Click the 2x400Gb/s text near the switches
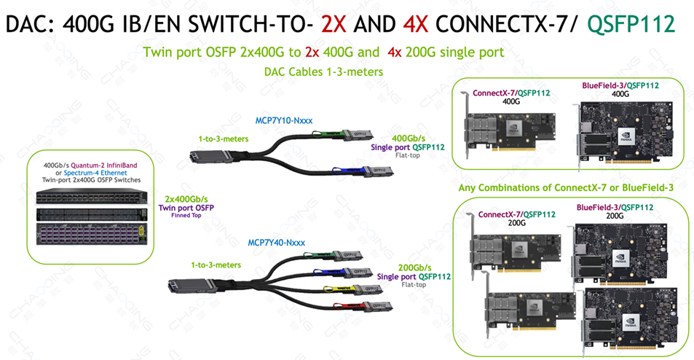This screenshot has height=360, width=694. [x=190, y=198]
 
